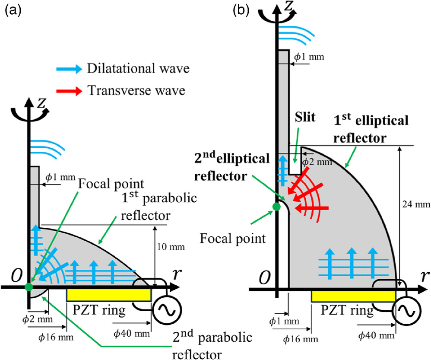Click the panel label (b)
tap(241, 10)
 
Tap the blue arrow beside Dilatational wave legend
tap(70, 69)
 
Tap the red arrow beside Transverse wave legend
tap(70, 90)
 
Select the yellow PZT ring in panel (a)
tap(109, 295)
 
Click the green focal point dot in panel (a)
tap(29, 287)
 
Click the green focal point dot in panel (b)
tap(276, 207)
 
